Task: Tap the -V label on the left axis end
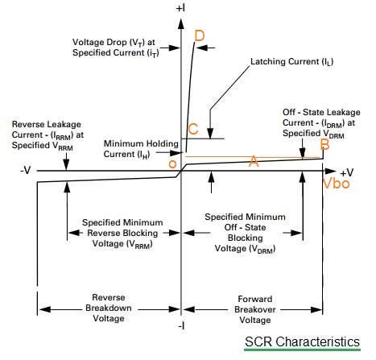[x=24, y=172]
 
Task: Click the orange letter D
[x=200, y=35]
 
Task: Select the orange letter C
[x=192, y=129]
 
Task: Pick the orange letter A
[x=253, y=162]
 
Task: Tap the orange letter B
[x=324, y=145]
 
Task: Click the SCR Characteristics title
[x=302, y=342]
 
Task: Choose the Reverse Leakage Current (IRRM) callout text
[x=47, y=135]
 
